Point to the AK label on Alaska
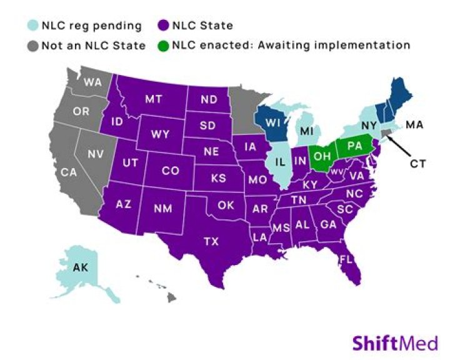coord(80,268)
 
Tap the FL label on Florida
coord(346,257)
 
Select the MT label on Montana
coord(154,99)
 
